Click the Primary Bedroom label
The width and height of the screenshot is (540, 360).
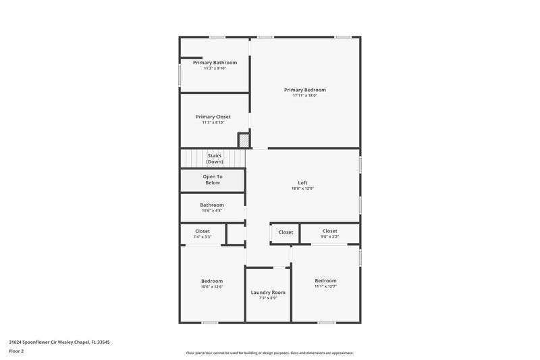[x=305, y=90]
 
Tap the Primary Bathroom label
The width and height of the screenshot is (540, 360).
[x=215, y=63]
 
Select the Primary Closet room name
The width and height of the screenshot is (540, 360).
[x=213, y=117]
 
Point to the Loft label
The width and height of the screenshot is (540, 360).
[x=303, y=182]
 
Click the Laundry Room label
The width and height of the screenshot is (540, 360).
[x=268, y=292]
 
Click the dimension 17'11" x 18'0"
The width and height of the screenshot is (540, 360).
[x=305, y=96]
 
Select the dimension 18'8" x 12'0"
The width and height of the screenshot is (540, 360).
[x=303, y=188]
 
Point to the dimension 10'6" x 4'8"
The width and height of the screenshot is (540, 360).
[x=212, y=211]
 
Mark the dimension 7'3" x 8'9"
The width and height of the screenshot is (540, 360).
[x=268, y=298]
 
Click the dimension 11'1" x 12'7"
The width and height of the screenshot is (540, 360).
[x=325, y=286]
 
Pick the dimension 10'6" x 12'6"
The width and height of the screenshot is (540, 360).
[x=212, y=286]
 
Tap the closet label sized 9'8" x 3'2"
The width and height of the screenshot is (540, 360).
[x=329, y=231]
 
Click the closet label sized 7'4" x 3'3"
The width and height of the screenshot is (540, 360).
[x=202, y=231]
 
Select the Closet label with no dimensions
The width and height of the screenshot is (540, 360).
[x=286, y=232]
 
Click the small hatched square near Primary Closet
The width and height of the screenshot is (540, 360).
[x=243, y=140]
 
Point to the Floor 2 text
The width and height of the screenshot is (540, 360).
[x=17, y=351]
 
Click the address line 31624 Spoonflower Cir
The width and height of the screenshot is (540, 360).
[x=59, y=342]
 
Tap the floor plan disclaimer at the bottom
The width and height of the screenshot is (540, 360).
[x=269, y=353]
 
